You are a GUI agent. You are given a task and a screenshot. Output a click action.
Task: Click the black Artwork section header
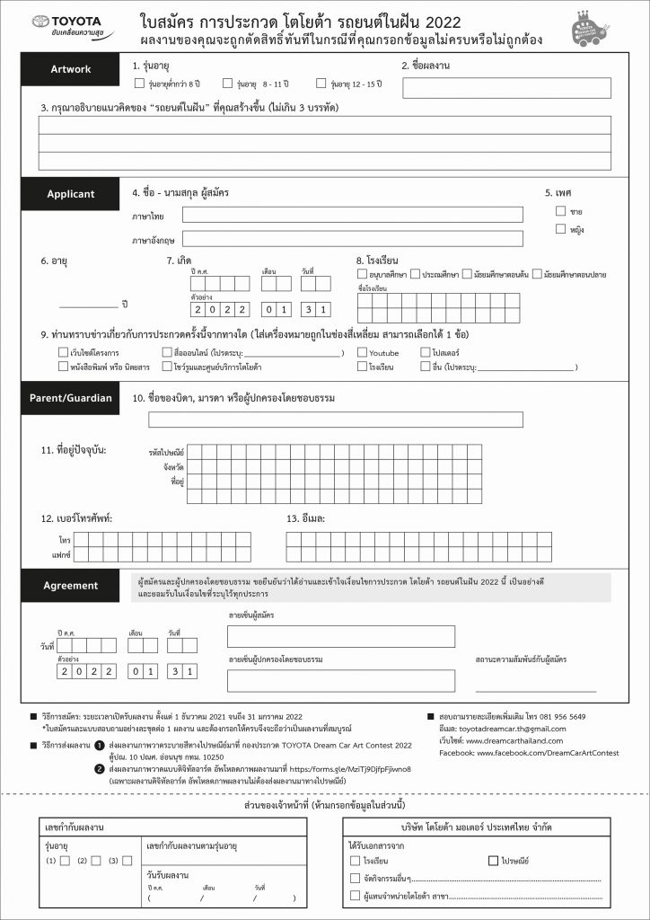70,69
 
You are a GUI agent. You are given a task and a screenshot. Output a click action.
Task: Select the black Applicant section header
70,193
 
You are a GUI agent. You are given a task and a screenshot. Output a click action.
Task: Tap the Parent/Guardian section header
70,398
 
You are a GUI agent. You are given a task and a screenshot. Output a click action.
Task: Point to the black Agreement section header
70,586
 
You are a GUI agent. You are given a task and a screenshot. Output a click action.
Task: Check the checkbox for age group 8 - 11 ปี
229,84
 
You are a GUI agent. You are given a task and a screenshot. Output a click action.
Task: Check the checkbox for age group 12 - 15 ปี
323,84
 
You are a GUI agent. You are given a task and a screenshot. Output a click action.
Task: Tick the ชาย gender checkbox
560,211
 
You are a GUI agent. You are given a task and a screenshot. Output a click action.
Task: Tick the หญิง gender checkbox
560,229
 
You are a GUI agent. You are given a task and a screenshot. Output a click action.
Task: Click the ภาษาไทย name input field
352,215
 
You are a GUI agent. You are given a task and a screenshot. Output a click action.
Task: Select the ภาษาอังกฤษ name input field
352,240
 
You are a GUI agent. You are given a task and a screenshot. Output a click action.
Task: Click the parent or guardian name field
328,420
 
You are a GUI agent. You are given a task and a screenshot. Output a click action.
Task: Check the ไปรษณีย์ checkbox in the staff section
493,861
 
